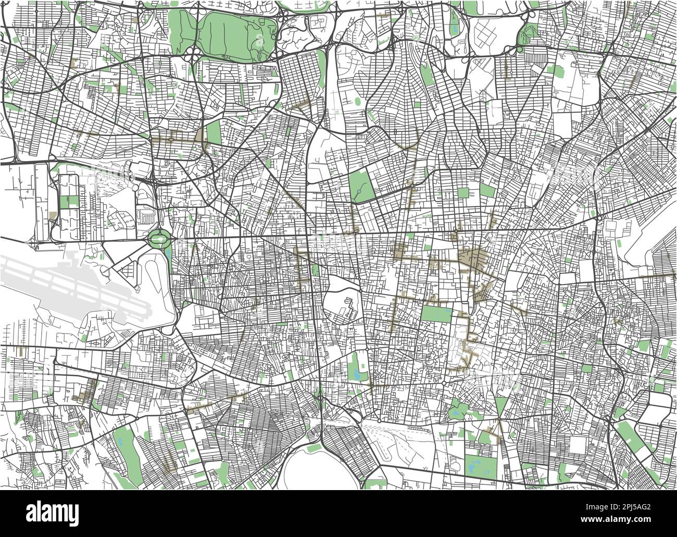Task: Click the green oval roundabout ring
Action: [x=158, y=240]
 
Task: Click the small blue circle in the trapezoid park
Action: [x=359, y=193]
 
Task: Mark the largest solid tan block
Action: [x=472, y=257]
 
